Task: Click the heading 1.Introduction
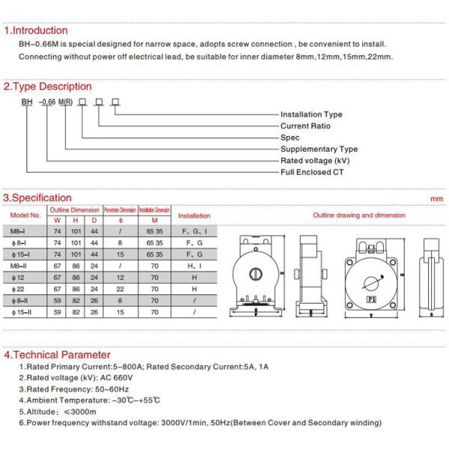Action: coord(36,31)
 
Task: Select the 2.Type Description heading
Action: coord(48,86)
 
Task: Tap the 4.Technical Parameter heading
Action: coord(57,355)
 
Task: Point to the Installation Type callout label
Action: coord(311,114)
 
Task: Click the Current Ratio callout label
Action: coord(305,126)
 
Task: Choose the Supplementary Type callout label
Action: coord(319,149)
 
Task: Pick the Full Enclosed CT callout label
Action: coord(312,172)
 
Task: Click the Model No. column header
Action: coord(25,216)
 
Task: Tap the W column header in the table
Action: coord(58,221)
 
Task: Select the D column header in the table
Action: coord(94,221)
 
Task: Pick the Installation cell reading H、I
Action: coord(194,266)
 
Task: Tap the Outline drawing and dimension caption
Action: coord(358,216)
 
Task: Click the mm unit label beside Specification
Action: coord(437,199)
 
